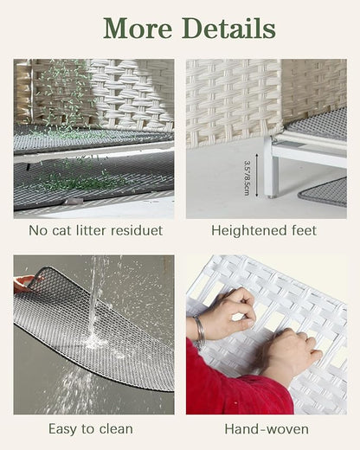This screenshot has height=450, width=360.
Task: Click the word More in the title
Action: click(138, 29)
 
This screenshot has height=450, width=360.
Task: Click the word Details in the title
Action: click(228, 28)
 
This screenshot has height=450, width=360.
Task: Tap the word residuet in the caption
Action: click(137, 230)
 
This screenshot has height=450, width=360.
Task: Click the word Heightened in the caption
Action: click(246, 231)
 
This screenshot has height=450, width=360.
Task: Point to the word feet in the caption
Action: click(302, 231)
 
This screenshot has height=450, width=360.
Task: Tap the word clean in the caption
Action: click(116, 429)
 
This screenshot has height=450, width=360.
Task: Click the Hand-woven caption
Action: click(267, 429)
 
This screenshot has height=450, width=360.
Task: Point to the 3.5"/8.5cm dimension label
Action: click(247, 178)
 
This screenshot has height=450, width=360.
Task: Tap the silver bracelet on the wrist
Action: click(200, 329)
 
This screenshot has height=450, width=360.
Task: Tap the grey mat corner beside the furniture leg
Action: click(324, 192)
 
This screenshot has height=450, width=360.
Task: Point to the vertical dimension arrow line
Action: click(256, 176)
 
